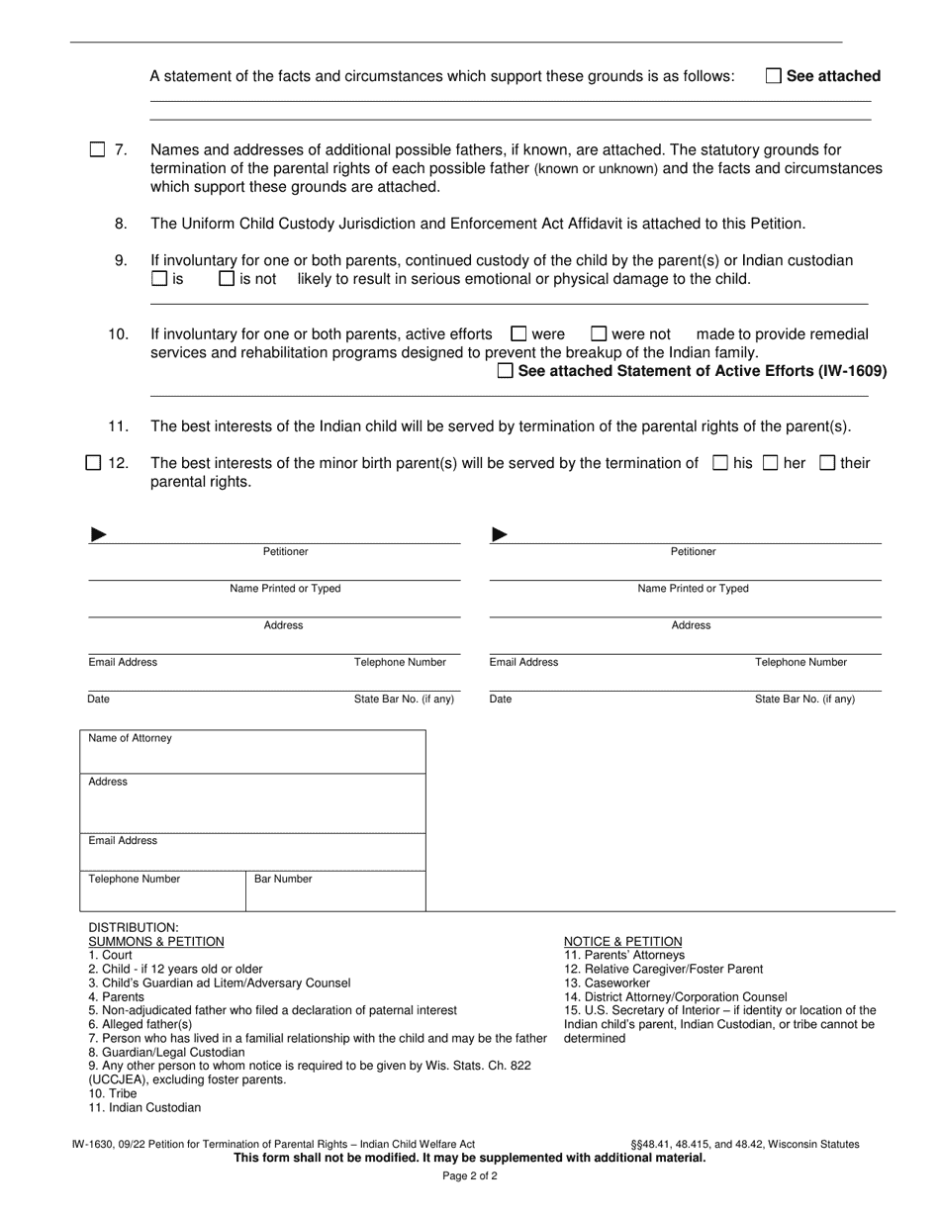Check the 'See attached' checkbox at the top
[x=774, y=76]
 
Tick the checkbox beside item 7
[x=97, y=150]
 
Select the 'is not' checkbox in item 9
[x=227, y=279]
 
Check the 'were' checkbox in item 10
[x=518, y=334]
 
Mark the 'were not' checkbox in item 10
[x=599, y=334]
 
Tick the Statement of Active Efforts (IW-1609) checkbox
[x=506, y=372]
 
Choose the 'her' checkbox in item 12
[x=771, y=462]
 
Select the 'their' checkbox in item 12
[x=828, y=462]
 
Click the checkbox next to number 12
[x=94, y=462]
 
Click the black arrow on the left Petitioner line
[x=98, y=535]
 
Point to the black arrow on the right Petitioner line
[x=500, y=535]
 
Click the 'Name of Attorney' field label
[x=130, y=738]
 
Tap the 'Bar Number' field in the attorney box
[x=283, y=879]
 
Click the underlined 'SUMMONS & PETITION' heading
[x=156, y=942]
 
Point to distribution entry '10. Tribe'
[x=113, y=1094]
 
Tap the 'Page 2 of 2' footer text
[x=469, y=1177]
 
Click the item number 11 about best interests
[x=119, y=426]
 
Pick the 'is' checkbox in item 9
[x=159, y=279]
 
